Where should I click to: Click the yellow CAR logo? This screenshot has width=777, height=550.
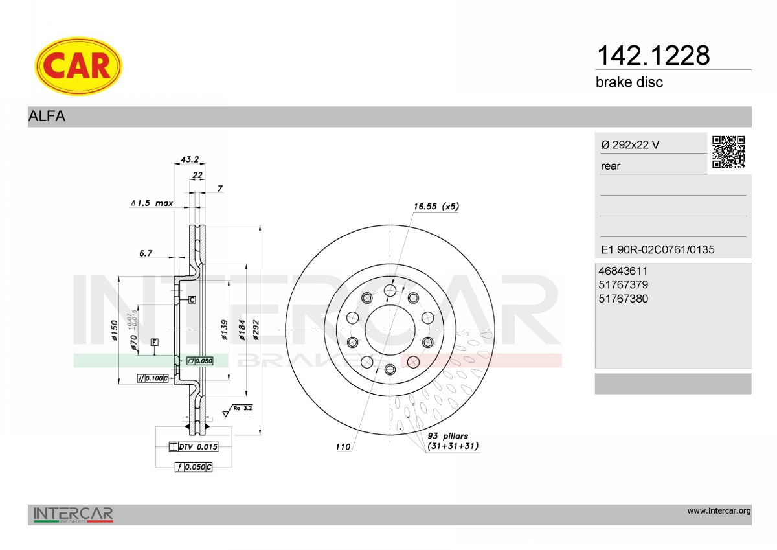(x=78, y=66)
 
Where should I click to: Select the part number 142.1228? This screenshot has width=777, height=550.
(x=653, y=56)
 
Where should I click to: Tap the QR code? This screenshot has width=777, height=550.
(x=728, y=152)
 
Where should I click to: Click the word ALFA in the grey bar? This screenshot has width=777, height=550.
(x=47, y=116)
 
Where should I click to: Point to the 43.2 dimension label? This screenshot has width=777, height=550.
(x=190, y=159)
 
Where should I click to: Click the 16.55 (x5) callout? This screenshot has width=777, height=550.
(x=436, y=207)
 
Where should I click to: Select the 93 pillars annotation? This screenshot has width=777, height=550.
(x=453, y=441)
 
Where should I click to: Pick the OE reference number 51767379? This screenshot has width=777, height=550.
(x=623, y=285)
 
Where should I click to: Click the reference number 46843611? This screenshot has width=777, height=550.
(x=623, y=271)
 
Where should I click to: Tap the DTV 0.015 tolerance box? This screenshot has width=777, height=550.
(x=194, y=447)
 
